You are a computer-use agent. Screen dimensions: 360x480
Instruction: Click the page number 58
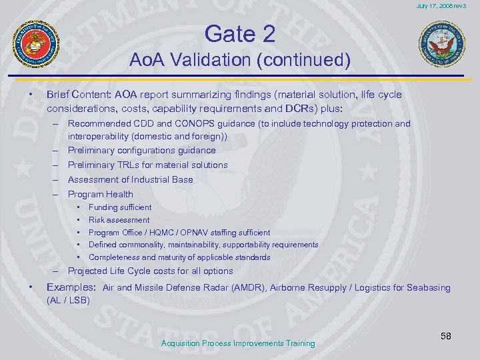(x=445, y=336)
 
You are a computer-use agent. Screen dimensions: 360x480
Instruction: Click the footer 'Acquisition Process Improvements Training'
(x=238, y=343)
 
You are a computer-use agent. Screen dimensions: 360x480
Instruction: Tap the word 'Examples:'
(x=71, y=287)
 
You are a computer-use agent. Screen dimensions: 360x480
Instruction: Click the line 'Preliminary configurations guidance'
(x=141, y=150)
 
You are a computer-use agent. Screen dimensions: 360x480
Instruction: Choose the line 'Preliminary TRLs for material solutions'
(x=147, y=165)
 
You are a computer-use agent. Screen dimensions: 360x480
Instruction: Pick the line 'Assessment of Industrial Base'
(x=130, y=179)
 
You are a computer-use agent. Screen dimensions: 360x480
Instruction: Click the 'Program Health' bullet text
(x=100, y=194)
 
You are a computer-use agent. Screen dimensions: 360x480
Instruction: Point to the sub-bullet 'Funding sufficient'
(x=119, y=207)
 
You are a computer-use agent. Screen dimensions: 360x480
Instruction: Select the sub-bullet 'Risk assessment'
(x=119, y=220)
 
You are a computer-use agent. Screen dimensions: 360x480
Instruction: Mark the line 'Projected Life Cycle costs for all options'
(x=150, y=271)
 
